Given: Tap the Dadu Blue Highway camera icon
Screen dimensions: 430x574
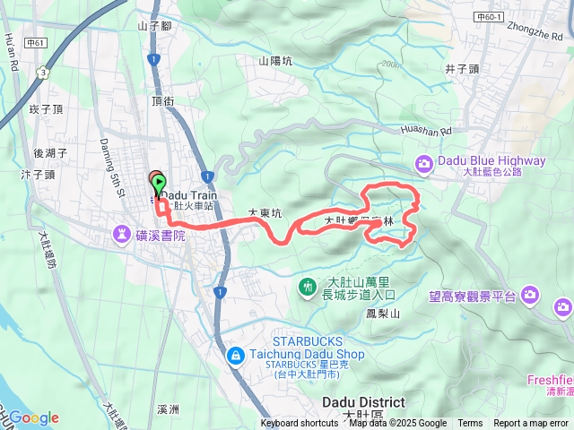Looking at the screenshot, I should click(x=423, y=162).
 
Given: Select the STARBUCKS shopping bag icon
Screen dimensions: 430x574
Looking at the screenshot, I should click(x=235, y=356).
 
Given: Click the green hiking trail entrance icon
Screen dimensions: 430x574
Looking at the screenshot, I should click(x=308, y=286).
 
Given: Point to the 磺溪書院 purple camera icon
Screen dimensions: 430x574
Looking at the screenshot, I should click(x=121, y=235).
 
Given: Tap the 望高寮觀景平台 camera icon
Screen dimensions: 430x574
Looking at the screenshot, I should click(x=531, y=294).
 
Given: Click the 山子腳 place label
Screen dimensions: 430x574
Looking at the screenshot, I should click(x=154, y=26).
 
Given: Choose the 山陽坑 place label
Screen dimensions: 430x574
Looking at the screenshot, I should click(x=275, y=61).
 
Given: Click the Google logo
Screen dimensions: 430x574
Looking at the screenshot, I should click(x=33, y=417).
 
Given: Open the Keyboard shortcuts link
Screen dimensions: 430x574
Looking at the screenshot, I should click(x=300, y=424).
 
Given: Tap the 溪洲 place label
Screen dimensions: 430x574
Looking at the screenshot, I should click(x=169, y=409).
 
